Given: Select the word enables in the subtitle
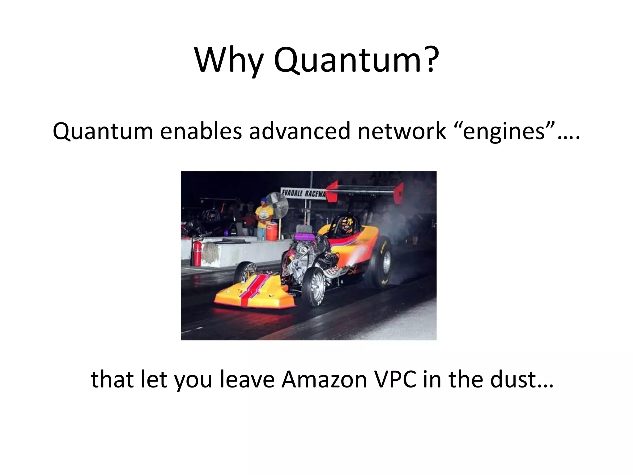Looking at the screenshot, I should click(x=201, y=131).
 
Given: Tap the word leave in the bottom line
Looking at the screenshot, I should click(x=247, y=379).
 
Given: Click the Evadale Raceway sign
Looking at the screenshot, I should click(x=303, y=194).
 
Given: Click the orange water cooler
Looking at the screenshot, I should click(x=272, y=231).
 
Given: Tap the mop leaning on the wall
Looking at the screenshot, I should click(x=212, y=252).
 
